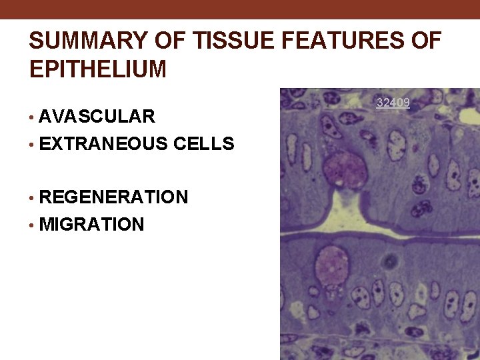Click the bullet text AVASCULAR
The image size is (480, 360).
(97, 117)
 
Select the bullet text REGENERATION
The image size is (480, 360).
(113, 197)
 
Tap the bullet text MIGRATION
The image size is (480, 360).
(91, 225)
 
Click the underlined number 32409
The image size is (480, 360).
(393, 103)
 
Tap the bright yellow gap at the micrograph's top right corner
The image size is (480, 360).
(470, 116)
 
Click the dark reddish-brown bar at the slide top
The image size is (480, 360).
(240, 9)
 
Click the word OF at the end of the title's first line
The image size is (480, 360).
(425, 41)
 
